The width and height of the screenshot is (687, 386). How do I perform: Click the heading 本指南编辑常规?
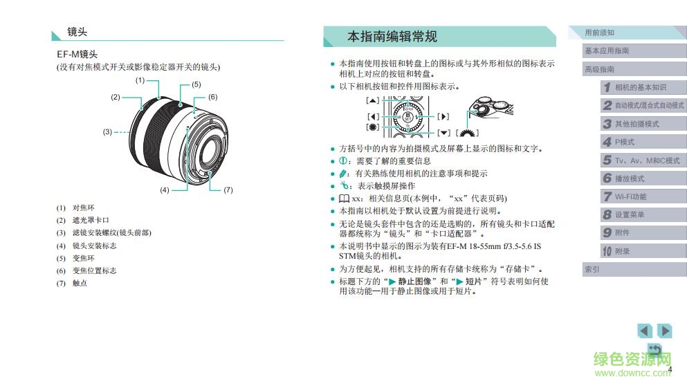pyautogui.click(x=392, y=36)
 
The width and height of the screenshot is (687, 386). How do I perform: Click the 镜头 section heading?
pyautogui.click(x=77, y=32)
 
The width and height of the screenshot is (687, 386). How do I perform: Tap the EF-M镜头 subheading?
pyautogui.click(x=77, y=54)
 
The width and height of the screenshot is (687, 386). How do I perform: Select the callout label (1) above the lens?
pyautogui.click(x=140, y=80)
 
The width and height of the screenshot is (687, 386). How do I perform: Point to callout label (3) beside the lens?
pyautogui.click(x=107, y=131)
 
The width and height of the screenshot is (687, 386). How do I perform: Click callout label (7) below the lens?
pyautogui.click(x=228, y=190)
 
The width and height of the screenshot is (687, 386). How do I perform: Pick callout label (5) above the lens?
pyautogui.click(x=196, y=84)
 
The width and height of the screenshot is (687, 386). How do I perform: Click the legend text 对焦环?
pyautogui.click(x=83, y=208)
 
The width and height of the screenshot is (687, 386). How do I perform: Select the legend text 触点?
pyautogui.click(x=80, y=284)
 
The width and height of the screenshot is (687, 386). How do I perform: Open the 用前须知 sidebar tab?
pyautogui.click(x=599, y=33)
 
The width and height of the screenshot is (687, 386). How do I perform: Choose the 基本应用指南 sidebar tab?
pyautogui.click(x=607, y=50)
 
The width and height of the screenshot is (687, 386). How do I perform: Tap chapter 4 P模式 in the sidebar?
pyautogui.click(x=624, y=142)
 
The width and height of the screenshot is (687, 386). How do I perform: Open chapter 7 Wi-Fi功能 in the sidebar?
pyautogui.click(x=630, y=196)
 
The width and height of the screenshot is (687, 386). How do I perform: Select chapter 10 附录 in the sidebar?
pyautogui.click(x=622, y=251)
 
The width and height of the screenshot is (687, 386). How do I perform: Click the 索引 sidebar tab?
pyautogui.click(x=592, y=269)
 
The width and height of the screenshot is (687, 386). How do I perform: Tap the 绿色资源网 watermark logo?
pyautogui.click(x=633, y=362)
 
